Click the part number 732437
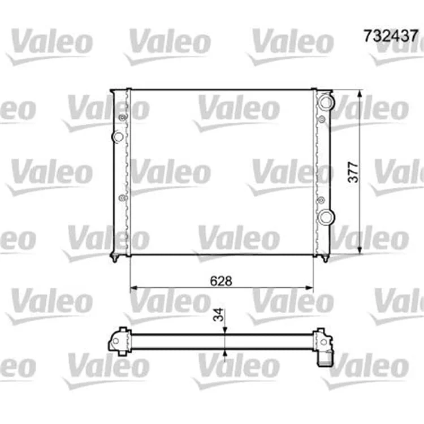point(391,36)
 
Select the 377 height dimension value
point(353,172)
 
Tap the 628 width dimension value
point(221,281)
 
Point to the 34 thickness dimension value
point(218,314)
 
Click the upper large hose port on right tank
point(326,102)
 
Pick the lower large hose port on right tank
point(326,217)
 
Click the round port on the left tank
point(118,137)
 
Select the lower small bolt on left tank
point(123,198)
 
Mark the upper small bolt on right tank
point(322,119)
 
